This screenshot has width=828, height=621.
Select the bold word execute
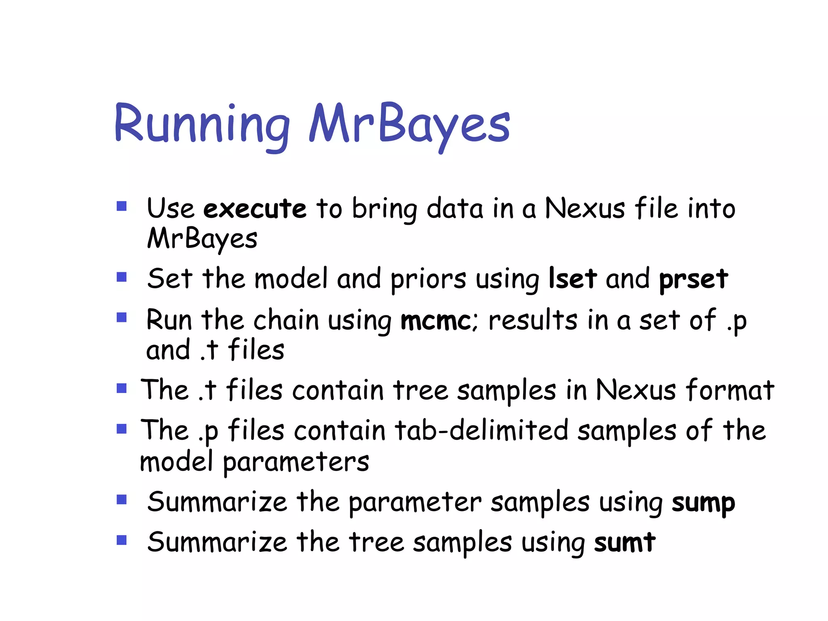point(255,209)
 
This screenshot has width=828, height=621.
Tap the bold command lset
point(572,279)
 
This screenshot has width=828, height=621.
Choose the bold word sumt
point(625,543)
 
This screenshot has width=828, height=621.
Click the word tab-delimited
point(482,430)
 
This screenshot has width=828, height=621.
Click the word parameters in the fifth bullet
point(296,462)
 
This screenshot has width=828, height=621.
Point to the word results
point(533,320)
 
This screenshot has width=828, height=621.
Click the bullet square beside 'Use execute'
point(122,207)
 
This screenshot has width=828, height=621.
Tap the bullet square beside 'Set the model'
point(122,277)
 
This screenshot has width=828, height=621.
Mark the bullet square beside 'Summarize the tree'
point(122,540)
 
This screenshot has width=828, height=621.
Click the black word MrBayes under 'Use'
point(202,239)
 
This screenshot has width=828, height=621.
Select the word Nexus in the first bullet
point(585,209)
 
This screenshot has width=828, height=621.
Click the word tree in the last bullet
point(376,543)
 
